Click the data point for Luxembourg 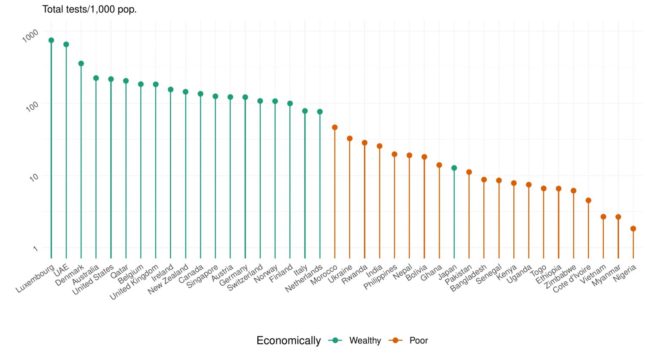click(51, 41)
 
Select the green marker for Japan click(454, 168)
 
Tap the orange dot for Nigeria click(633, 229)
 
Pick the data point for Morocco click(335, 127)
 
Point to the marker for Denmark click(81, 64)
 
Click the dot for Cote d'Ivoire click(588, 200)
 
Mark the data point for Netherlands click(320, 112)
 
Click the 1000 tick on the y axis click(30, 35)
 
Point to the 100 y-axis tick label click(32, 106)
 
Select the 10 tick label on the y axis click(34, 178)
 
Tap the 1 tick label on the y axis click(35, 249)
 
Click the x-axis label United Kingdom click(134, 282)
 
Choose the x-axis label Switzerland click(245, 277)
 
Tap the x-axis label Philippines click(380, 277)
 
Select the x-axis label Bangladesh click(468, 278)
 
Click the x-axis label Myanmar click(606, 276)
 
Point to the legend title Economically click(289, 341)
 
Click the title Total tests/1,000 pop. click(89, 9)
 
